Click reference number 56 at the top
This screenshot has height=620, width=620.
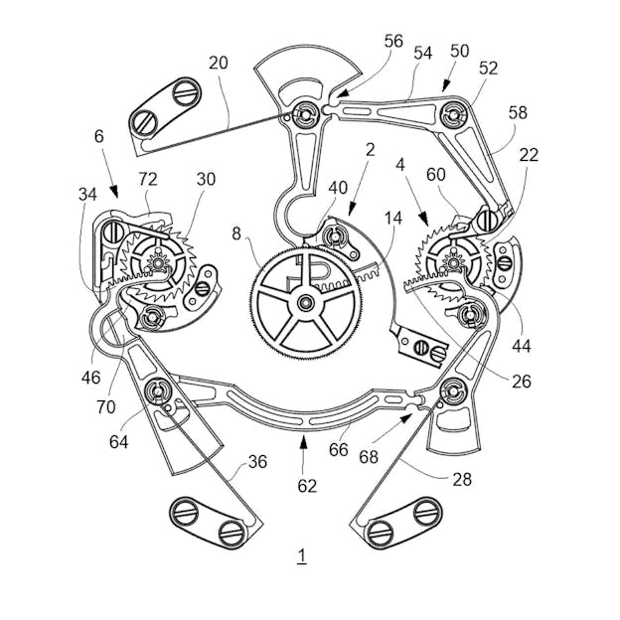click(x=392, y=41)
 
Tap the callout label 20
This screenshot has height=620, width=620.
click(x=219, y=63)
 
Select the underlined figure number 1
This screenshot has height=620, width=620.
click(x=302, y=556)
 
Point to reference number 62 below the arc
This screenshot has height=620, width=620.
click(x=307, y=486)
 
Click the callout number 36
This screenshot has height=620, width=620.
click(x=257, y=461)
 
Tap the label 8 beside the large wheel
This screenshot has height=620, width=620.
click(x=236, y=233)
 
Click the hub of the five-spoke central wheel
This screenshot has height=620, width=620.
click(x=305, y=303)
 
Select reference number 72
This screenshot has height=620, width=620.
click(x=148, y=179)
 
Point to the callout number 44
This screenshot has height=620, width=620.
click(x=522, y=346)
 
